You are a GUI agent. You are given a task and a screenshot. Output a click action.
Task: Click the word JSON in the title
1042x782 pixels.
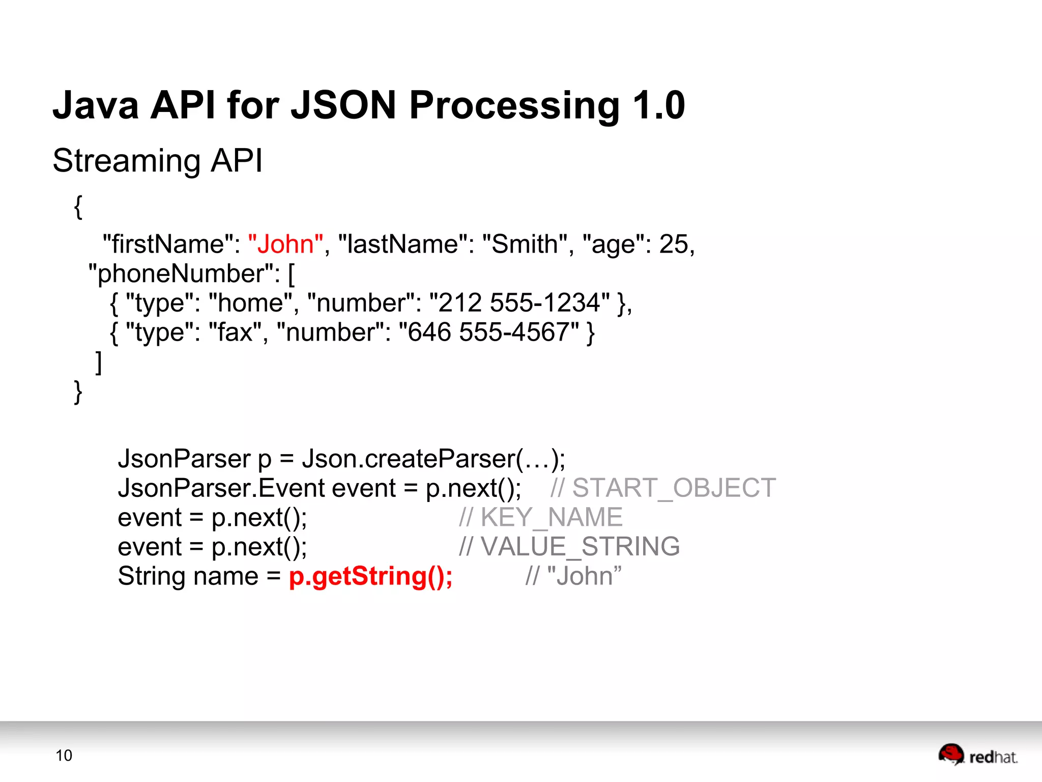(x=343, y=105)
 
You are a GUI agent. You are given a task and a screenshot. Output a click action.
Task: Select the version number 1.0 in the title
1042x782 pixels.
(x=659, y=105)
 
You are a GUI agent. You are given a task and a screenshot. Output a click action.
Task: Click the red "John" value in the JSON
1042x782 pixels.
(x=285, y=244)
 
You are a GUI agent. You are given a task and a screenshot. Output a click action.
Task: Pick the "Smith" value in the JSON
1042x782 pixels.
(x=525, y=244)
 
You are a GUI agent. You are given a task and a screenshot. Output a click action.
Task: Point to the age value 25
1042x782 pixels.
(x=674, y=244)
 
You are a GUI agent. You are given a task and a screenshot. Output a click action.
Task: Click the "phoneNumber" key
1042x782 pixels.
(x=184, y=273)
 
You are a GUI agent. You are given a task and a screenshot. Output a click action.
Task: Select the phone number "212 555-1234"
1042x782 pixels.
(x=519, y=303)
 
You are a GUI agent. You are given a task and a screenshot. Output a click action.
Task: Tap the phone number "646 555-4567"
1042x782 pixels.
(x=489, y=332)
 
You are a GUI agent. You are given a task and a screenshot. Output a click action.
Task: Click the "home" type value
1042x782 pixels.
(x=250, y=303)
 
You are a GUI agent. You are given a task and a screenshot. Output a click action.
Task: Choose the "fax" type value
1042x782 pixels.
(x=235, y=332)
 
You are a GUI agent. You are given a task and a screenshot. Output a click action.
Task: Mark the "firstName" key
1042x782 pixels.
(x=167, y=244)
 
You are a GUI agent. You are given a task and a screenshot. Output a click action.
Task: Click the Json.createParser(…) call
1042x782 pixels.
(x=433, y=459)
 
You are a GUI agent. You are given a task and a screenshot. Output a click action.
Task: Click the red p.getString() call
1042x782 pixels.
(x=370, y=576)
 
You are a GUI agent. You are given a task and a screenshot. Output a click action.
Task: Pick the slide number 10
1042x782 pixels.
(x=64, y=756)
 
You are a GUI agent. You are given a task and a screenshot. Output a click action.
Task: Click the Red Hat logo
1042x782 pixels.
(x=977, y=755)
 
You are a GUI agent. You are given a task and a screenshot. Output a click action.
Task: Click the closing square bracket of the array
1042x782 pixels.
(x=99, y=362)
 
